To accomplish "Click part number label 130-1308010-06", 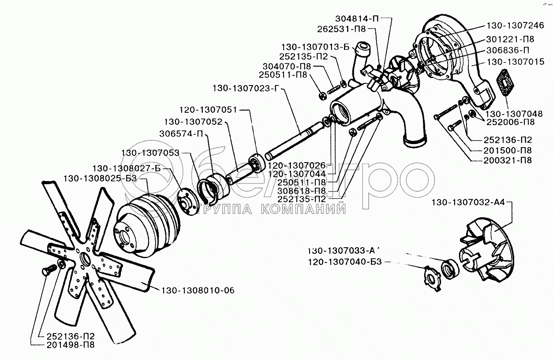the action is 198,290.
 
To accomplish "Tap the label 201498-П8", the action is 70,345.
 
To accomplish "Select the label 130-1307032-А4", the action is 467,203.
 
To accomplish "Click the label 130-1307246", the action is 516,26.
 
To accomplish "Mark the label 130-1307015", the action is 516,62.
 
